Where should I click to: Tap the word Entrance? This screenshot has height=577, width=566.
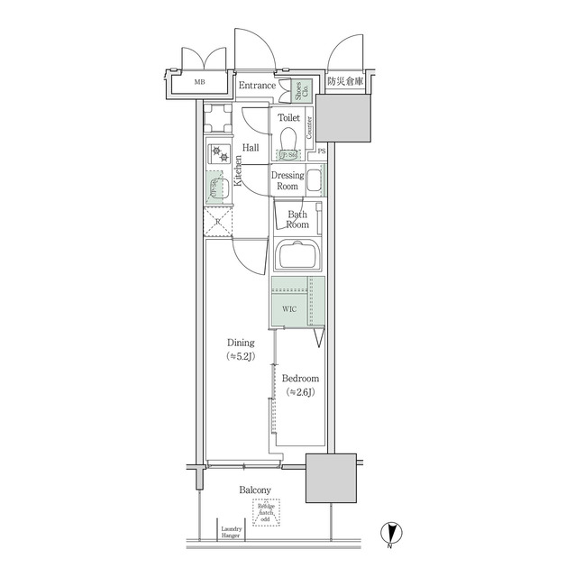coord(257,87)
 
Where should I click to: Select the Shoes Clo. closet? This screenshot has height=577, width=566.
coord(297,90)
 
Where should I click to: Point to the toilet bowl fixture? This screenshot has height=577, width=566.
coord(288,140)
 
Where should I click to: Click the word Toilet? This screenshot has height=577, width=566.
coord(288,118)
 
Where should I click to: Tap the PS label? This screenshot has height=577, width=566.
coord(322,152)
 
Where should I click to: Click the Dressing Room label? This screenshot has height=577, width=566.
coord(287,180)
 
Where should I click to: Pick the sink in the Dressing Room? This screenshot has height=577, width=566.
coord(315,181)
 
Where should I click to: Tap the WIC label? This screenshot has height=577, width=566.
coord(289,309)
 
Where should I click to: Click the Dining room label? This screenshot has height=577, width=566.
coord(240,350)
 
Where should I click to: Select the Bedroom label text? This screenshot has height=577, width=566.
coord(298,385)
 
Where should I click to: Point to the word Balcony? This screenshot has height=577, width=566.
coord(255,490)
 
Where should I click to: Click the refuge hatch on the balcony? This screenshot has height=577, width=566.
coord(266,513)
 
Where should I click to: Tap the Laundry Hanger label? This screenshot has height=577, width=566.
coord(232,533)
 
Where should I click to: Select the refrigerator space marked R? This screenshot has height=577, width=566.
coord(218,221)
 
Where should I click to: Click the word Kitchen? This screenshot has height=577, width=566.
coord(239,169)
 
